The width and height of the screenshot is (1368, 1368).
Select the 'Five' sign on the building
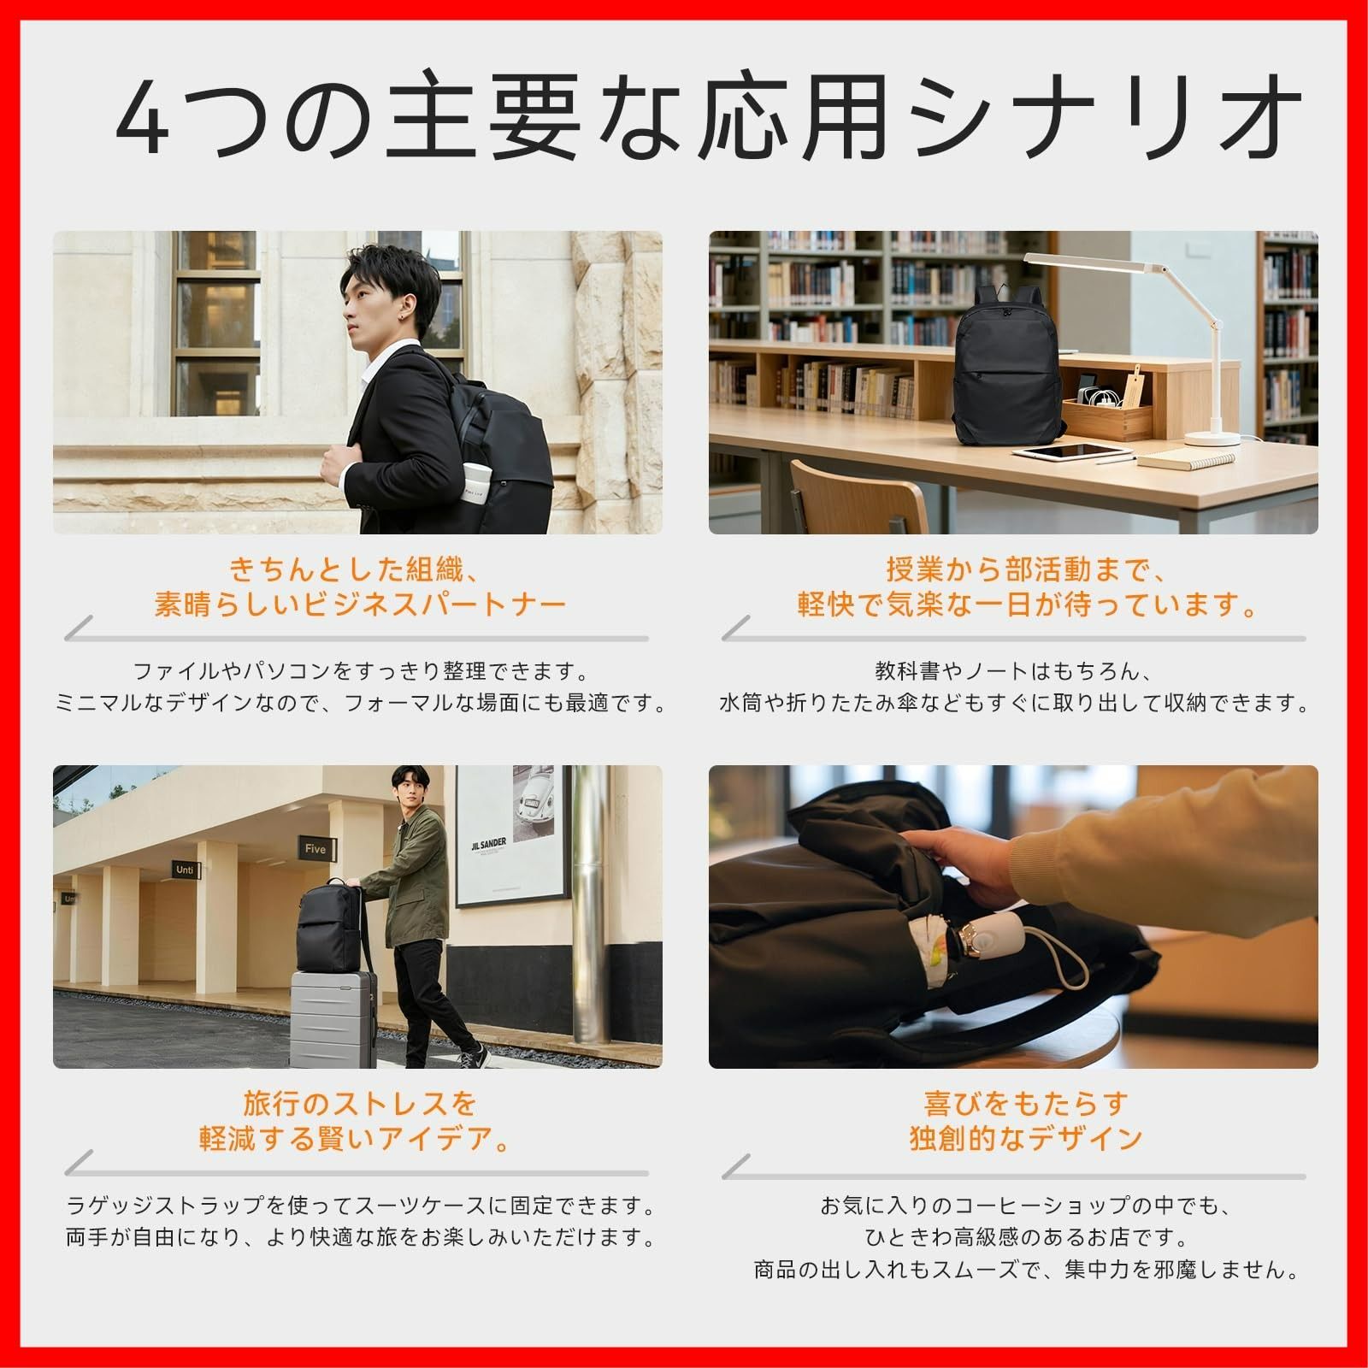pyautogui.click(x=315, y=849)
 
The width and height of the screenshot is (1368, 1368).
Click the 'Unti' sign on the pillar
pyautogui.click(x=185, y=870)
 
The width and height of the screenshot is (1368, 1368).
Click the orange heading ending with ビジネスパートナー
pyautogui.click(x=359, y=605)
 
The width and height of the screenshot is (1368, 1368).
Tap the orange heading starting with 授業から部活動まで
pyautogui.click(x=1026, y=569)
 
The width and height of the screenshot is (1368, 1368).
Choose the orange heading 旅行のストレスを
pyautogui.click(x=359, y=1104)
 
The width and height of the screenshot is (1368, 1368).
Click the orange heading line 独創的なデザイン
pyautogui.click(x=1026, y=1139)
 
